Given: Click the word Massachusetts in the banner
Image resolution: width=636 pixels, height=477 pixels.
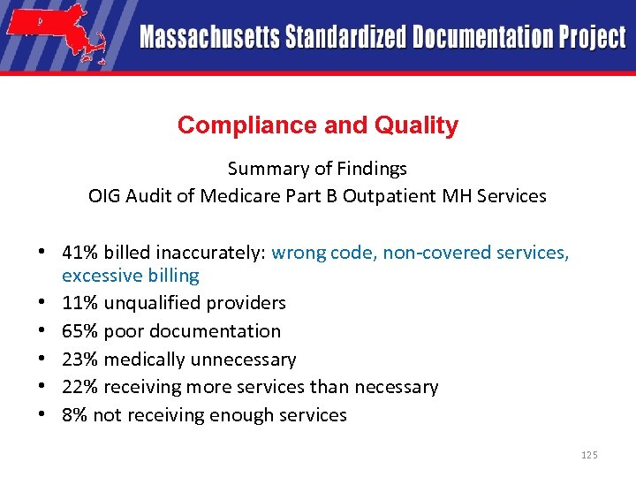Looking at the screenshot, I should (x=209, y=37).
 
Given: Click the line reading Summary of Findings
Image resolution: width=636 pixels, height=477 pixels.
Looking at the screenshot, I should (x=317, y=168).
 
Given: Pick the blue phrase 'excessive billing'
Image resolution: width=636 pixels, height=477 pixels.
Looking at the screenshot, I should (x=130, y=276).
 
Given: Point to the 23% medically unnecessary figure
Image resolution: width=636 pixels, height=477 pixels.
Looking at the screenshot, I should (x=80, y=360).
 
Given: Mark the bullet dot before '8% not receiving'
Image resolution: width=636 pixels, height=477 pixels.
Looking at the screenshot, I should (x=42, y=415).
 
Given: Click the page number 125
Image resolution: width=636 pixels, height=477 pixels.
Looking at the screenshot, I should (x=589, y=455).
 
